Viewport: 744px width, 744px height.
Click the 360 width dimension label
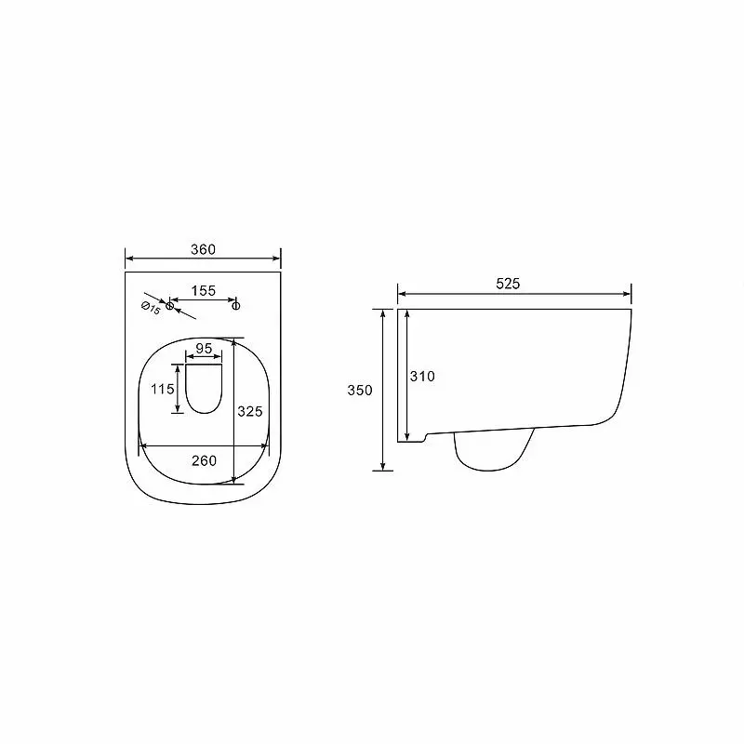click(203, 249)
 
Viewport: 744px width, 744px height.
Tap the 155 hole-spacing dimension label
click(204, 290)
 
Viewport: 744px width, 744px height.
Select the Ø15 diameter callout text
click(151, 308)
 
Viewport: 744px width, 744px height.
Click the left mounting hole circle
click(169, 306)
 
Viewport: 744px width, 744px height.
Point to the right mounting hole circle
click(236, 306)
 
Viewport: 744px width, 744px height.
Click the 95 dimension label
click(204, 348)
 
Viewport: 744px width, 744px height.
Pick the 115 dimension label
click(163, 389)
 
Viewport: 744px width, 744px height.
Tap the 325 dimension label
click(250, 411)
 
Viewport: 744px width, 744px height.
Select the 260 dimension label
click(204, 460)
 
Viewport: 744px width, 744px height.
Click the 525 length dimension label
click(508, 284)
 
